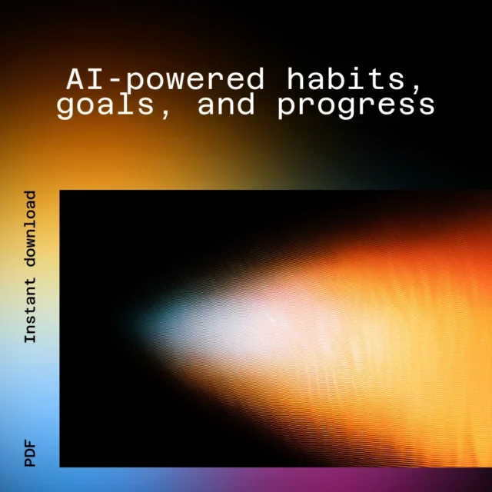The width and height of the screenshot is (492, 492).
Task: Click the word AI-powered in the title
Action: click(x=165, y=80)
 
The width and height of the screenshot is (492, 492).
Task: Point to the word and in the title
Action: click(x=226, y=105)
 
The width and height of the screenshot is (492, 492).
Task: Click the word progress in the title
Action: click(x=356, y=106)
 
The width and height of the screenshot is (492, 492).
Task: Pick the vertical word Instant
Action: click(x=30, y=310)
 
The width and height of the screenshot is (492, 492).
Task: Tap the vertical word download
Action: click(x=30, y=229)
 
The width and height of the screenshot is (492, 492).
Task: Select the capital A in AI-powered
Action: click(x=76, y=79)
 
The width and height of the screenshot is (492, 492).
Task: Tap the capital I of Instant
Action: click(x=30, y=337)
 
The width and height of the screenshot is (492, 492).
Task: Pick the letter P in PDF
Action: click(x=30, y=462)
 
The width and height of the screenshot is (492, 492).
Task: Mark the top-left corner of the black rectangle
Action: click(x=60, y=190)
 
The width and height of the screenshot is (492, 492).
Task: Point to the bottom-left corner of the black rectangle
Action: click(x=60, y=467)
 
